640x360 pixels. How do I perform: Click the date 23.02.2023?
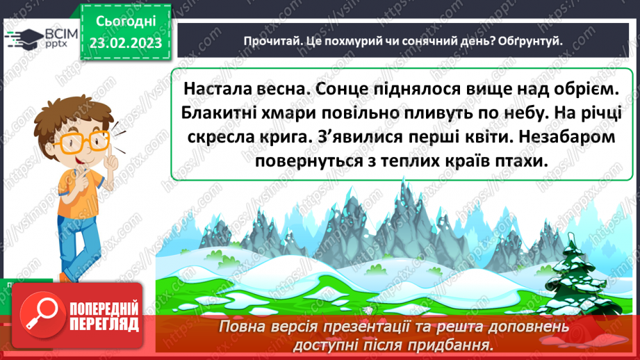click(125, 42)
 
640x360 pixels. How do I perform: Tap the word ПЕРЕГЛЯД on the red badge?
click(105, 323)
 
